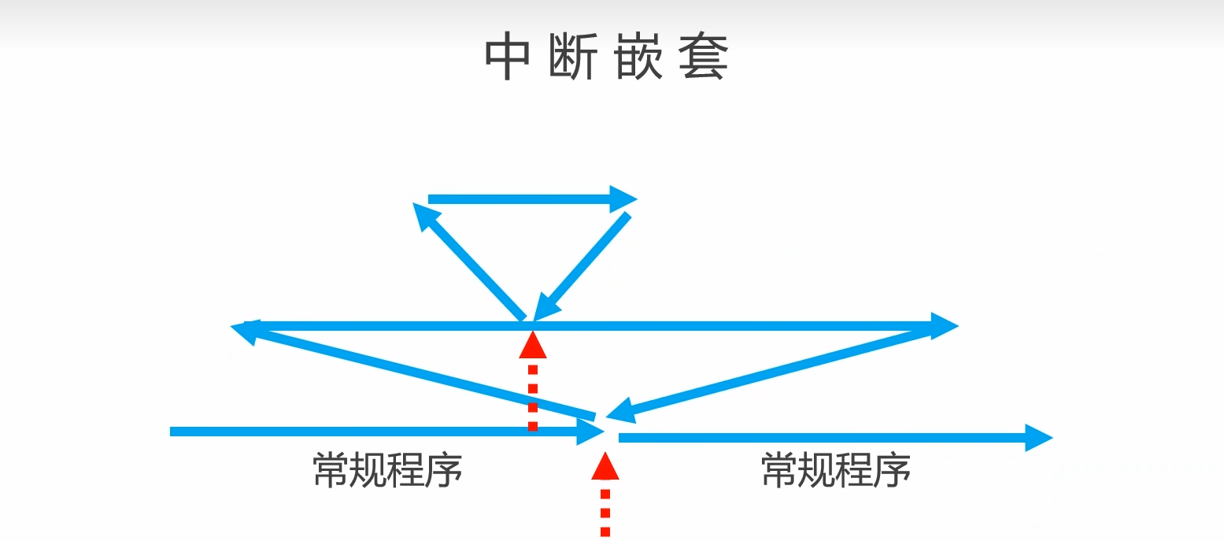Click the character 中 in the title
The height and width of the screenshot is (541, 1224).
point(508,57)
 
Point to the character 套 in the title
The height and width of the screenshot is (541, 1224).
point(704,57)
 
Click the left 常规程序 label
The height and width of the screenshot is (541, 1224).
point(387,470)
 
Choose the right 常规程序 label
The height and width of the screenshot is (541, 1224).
point(836,470)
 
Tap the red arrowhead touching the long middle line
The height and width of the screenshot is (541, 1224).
point(533,345)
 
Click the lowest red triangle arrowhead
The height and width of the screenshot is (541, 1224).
point(605,465)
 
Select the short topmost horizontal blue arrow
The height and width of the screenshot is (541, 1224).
point(520,199)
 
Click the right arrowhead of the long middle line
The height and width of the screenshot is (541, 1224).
point(943,325)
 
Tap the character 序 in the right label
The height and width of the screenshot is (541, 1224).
point(893,470)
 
